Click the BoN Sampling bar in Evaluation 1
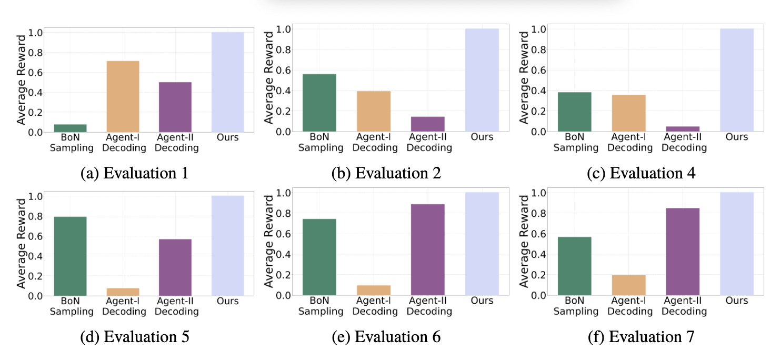(x=71, y=128)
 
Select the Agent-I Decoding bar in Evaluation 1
(x=123, y=96)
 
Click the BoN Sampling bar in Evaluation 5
(x=71, y=256)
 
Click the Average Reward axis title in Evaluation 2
(x=268, y=78)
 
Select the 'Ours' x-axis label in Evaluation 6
(x=482, y=301)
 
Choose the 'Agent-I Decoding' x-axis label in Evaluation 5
(x=124, y=306)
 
